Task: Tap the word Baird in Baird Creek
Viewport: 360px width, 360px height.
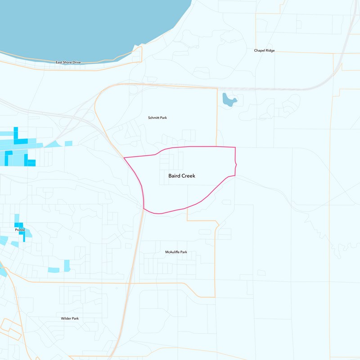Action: click(175, 176)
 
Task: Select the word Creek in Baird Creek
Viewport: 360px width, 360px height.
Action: click(189, 176)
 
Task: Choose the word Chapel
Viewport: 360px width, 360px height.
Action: click(259, 51)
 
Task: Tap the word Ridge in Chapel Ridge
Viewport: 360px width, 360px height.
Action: click(270, 51)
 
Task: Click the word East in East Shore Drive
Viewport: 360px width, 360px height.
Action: click(59, 62)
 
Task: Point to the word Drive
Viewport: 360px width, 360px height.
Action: click(76, 62)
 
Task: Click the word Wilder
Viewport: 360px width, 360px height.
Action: click(66, 319)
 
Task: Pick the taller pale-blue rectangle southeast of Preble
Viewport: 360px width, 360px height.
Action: click(67, 265)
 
